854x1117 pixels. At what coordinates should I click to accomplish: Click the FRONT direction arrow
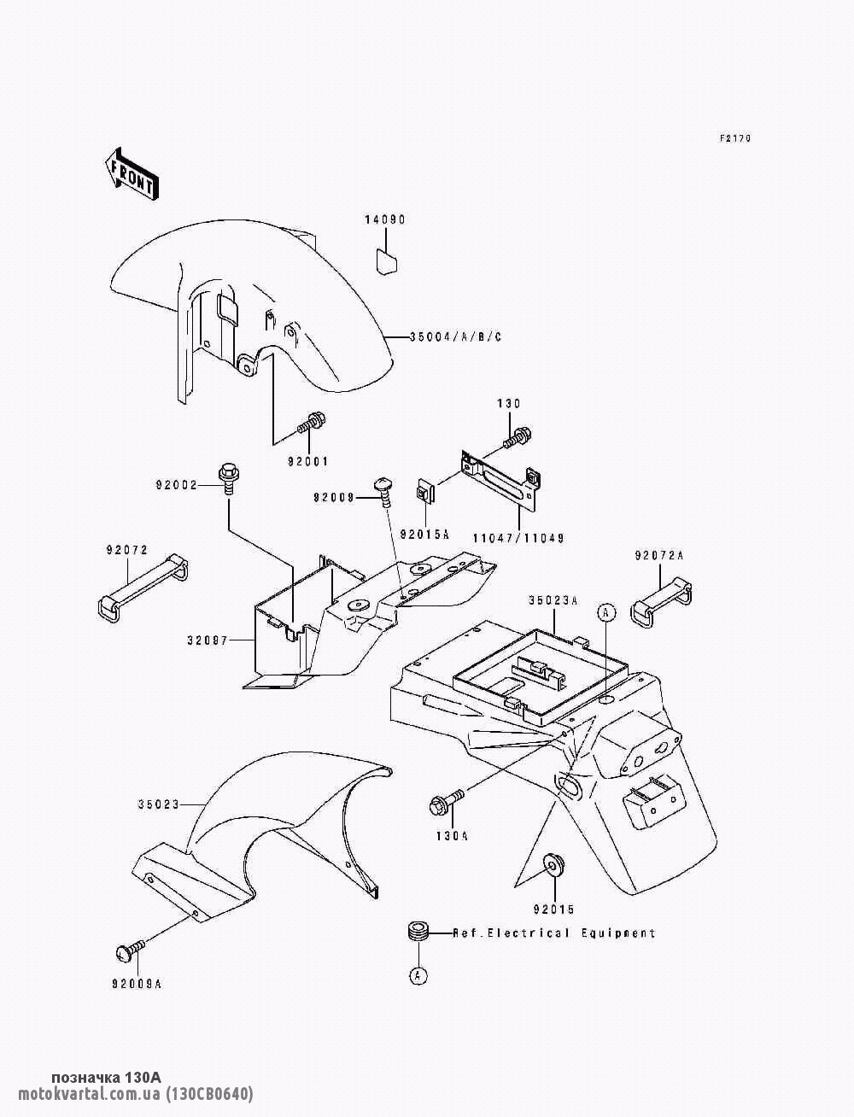click(x=132, y=176)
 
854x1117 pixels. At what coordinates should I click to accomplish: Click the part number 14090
click(x=385, y=220)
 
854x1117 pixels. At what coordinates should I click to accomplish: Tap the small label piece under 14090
click(x=388, y=261)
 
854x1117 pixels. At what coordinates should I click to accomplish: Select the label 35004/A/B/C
click(x=455, y=336)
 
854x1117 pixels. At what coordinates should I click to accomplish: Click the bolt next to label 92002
click(x=228, y=478)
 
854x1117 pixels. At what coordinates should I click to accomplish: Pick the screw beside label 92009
click(x=384, y=491)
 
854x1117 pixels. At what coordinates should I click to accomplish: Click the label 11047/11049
click(x=518, y=538)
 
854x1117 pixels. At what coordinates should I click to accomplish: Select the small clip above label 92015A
click(x=426, y=491)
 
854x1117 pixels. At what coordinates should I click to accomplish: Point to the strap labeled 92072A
click(x=662, y=600)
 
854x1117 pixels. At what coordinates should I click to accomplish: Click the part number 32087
click(x=208, y=640)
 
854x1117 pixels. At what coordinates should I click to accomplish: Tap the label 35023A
click(x=553, y=601)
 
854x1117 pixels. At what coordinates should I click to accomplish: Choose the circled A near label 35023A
click(x=606, y=613)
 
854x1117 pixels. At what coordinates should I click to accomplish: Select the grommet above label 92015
click(x=553, y=863)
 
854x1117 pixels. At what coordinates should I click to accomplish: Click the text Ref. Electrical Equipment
click(x=553, y=933)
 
